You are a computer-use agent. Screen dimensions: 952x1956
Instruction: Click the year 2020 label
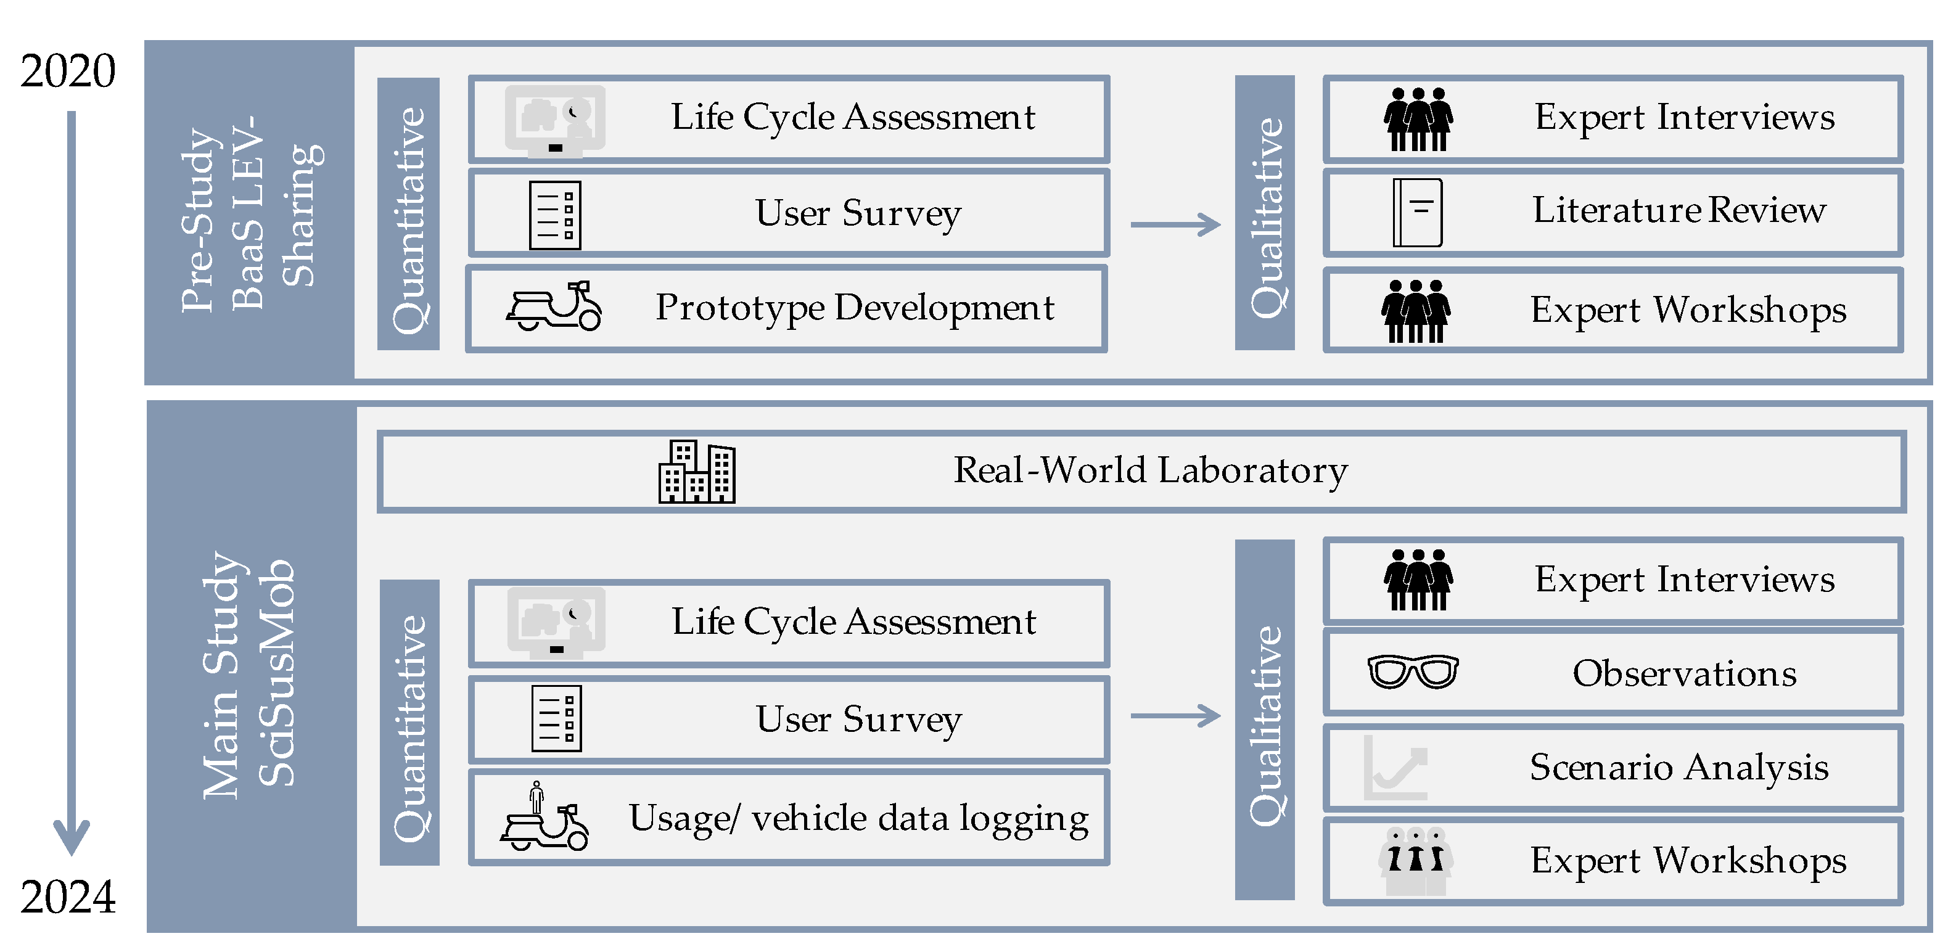pos(68,71)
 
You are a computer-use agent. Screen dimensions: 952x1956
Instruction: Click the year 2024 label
pos(68,897)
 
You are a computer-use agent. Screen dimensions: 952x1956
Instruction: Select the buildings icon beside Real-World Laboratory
pos(696,472)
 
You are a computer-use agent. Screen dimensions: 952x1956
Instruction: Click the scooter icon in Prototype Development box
pos(554,306)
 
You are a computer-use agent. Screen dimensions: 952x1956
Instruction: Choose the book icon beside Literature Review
pos(1417,213)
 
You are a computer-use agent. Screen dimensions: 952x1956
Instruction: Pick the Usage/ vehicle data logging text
pos(858,818)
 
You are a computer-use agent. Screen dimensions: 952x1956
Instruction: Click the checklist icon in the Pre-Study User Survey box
pos(555,215)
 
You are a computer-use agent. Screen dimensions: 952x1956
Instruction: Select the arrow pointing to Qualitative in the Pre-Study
pos(1175,224)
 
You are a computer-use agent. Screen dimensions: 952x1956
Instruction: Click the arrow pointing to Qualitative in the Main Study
pos(1175,715)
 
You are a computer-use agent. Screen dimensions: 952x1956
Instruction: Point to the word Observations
pos(1684,673)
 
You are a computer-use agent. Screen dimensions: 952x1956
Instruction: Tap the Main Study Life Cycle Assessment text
pos(853,622)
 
